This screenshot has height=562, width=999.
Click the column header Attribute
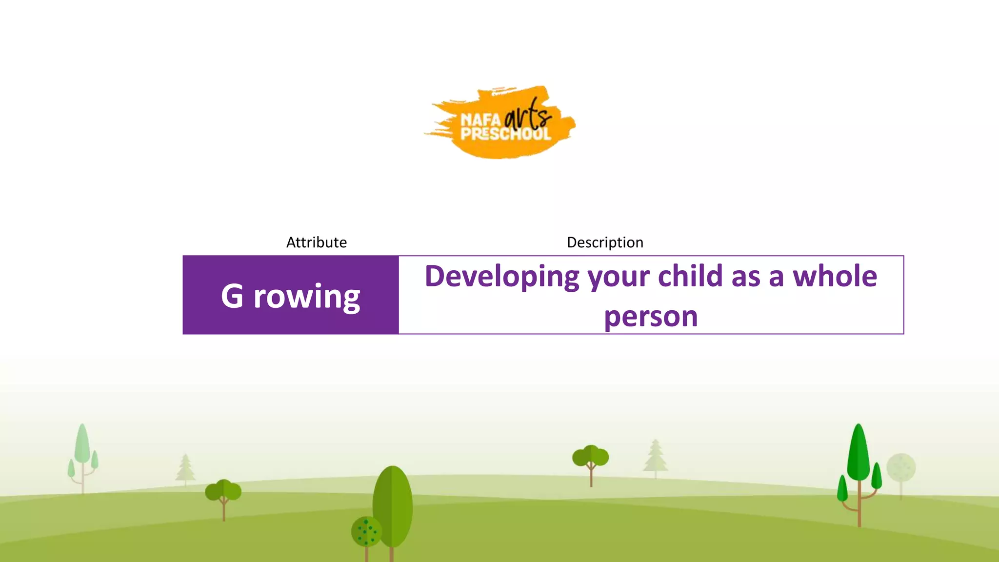click(316, 242)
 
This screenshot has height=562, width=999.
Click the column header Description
click(605, 242)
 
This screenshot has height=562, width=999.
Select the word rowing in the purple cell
click(307, 297)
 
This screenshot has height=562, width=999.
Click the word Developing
click(502, 277)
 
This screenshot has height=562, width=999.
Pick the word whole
click(835, 276)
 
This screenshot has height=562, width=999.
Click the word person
click(651, 317)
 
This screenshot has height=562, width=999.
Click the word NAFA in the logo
click(480, 120)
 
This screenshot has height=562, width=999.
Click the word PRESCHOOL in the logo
click(506, 134)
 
